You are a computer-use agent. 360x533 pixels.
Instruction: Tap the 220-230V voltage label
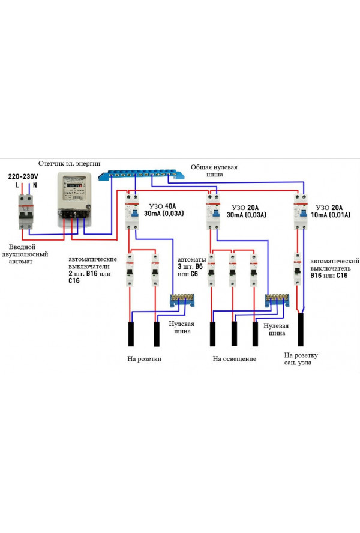tap(23, 176)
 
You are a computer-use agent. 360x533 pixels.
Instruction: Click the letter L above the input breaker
tap(17, 185)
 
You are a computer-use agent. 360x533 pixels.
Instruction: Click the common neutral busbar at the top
tap(142, 174)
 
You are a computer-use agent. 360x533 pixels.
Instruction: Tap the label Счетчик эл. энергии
tap(69, 163)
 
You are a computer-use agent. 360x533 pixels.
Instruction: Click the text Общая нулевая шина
tap(214, 170)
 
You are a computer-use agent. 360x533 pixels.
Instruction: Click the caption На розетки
tap(145, 359)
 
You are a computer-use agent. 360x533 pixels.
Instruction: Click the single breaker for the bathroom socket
tap(298, 270)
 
